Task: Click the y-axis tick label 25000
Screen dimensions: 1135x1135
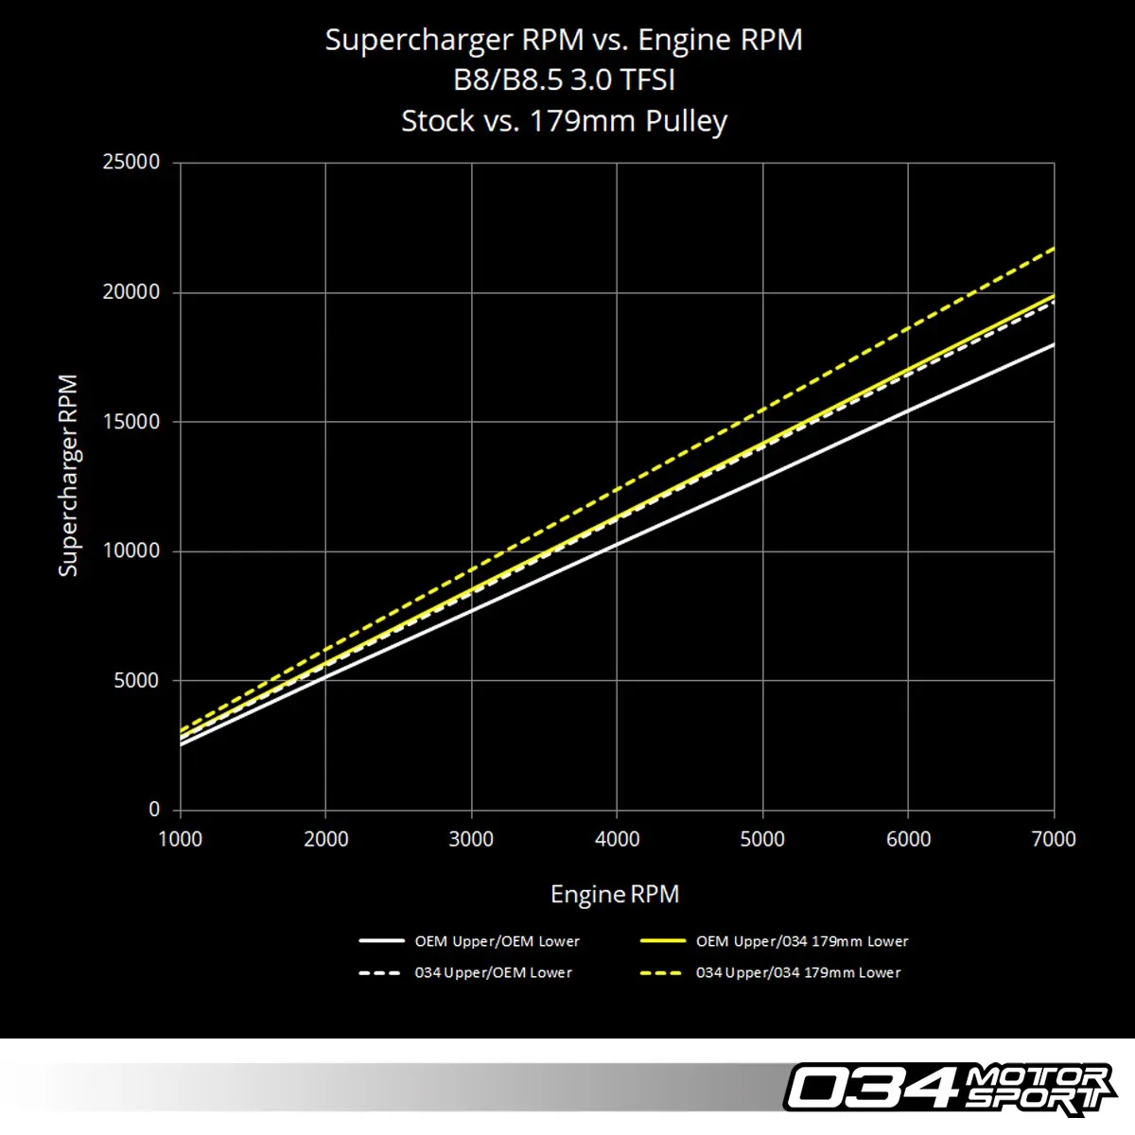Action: [131, 162]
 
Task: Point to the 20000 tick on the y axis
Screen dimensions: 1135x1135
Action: [131, 292]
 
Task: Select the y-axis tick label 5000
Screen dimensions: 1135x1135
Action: [136, 681]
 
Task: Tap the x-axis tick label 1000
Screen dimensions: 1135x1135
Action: [180, 839]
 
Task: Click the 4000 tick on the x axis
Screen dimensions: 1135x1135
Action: [617, 839]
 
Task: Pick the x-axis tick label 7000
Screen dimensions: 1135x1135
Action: [1053, 839]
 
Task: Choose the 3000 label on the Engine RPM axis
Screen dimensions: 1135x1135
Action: [471, 839]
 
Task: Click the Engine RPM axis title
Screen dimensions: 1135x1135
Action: [615, 895]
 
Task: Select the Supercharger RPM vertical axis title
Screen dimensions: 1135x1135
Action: [68, 476]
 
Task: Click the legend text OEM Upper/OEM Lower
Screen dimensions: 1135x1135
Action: [497, 942]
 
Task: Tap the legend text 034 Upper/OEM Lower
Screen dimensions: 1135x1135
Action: [493, 973]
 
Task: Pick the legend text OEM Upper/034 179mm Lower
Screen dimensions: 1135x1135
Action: [802, 942]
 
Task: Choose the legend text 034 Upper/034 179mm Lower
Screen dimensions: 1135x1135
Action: [798, 973]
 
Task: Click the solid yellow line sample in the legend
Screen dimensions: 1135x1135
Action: [662, 942]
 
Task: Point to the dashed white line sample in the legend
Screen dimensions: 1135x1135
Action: [380, 973]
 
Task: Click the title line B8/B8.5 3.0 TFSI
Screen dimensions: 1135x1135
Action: [564, 80]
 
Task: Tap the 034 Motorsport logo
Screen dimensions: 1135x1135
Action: [949, 1088]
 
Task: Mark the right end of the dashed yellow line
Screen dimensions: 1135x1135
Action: [1053, 249]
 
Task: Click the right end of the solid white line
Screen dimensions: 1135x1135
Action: [1053, 345]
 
